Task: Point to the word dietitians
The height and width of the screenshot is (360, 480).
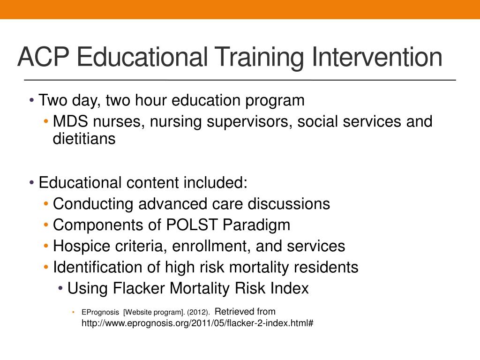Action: [x=84, y=139]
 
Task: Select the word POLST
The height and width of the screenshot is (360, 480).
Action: [x=192, y=225]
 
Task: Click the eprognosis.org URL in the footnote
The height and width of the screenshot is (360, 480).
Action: [x=197, y=323]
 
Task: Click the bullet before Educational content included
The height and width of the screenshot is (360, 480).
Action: [x=31, y=183]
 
